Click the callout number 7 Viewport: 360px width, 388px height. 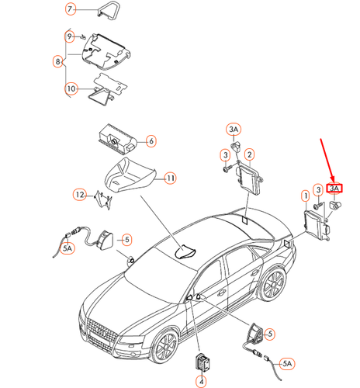tap(70, 10)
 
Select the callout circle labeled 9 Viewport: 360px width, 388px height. tap(70, 36)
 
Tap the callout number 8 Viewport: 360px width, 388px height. tap(58, 61)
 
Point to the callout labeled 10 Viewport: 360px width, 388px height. tap(70, 88)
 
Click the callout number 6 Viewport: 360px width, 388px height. tap(151, 140)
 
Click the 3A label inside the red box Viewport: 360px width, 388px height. tap(335, 188)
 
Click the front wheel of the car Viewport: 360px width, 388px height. tap(164, 347)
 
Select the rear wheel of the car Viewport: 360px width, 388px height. tap(272, 285)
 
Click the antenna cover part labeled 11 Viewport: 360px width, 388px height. tap(130, 176)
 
